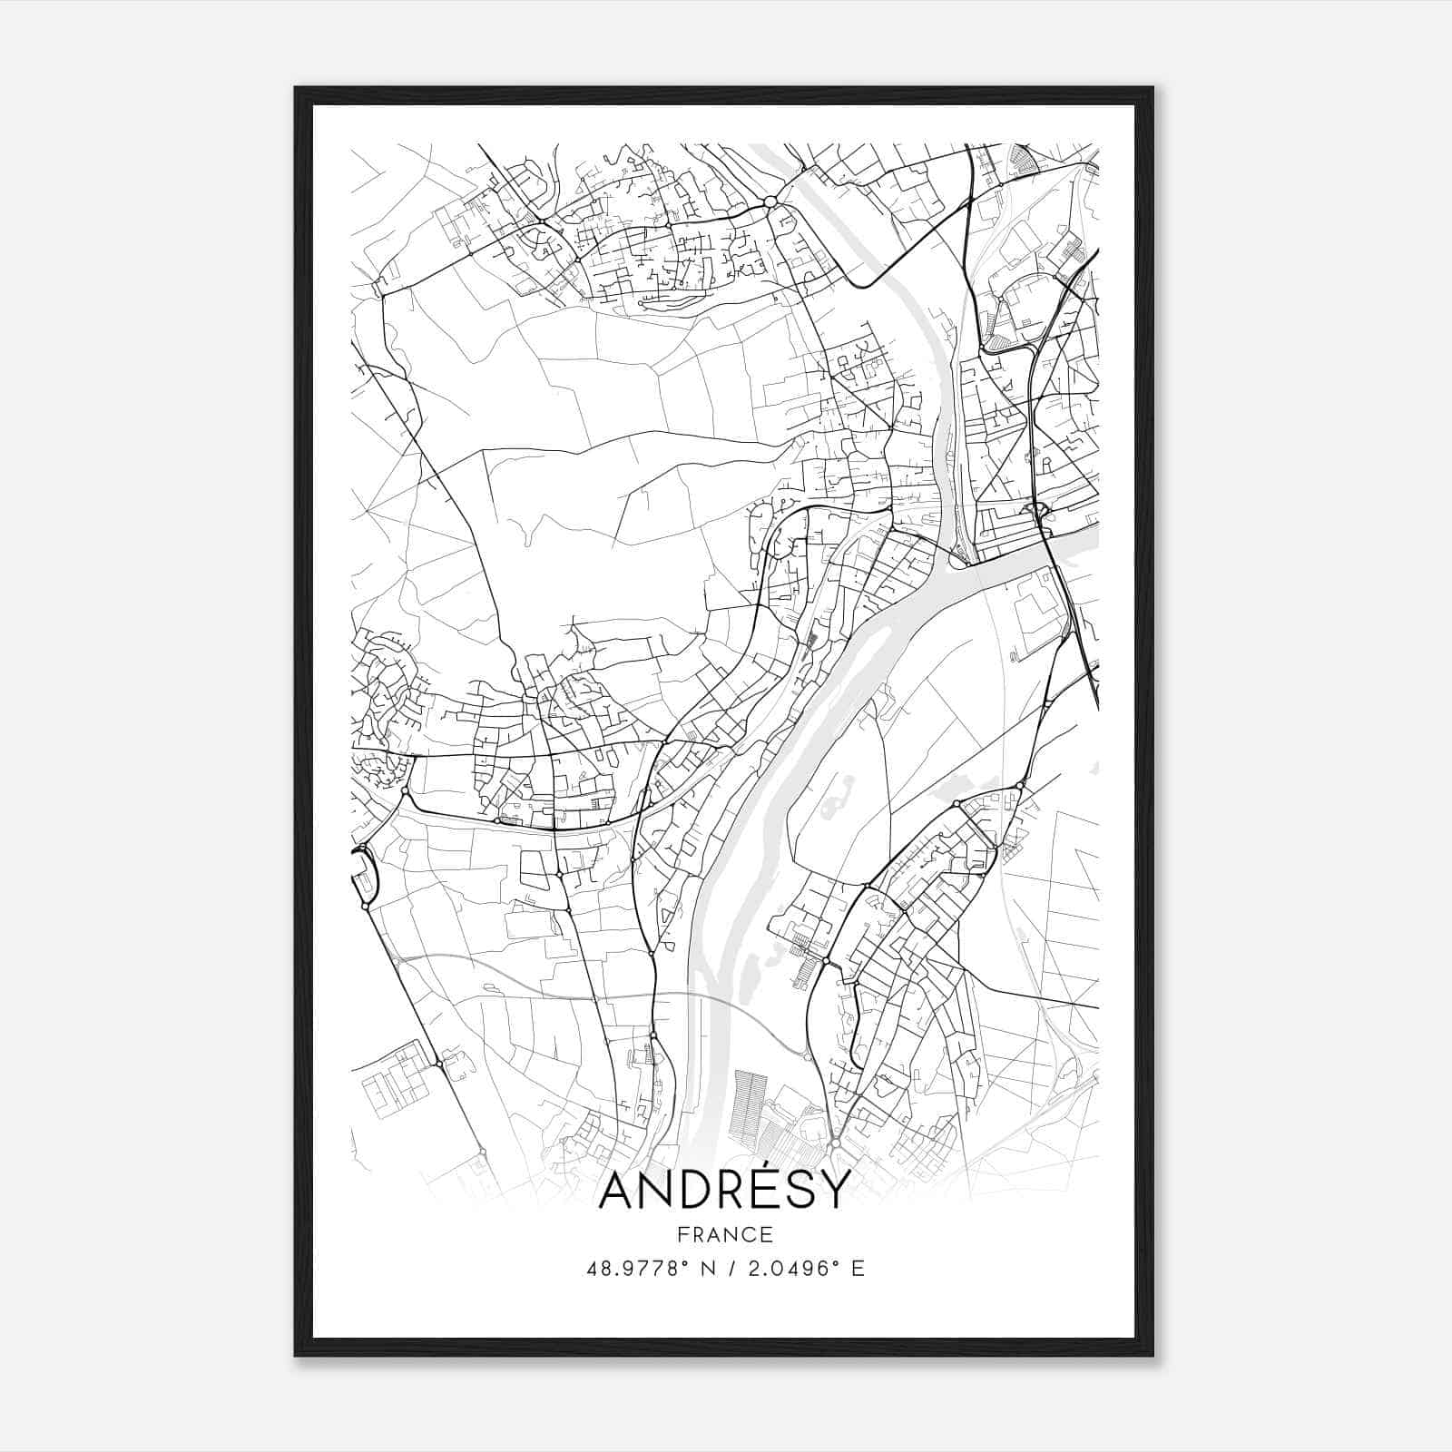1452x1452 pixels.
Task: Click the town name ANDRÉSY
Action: [x=725, y=1190]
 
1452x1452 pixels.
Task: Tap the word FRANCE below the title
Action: [x=725, y=1234]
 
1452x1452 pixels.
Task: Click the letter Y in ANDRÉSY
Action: [x=835, y=1190]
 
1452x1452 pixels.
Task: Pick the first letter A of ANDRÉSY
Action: [x=618, y=1190]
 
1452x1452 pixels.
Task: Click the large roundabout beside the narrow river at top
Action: [x=770, y=201]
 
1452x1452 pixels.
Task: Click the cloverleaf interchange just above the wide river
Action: [x=1037, y=511]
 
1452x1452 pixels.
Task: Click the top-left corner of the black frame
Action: [x=296, y=88]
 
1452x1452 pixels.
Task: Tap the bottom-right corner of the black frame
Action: [x=1153, y=1356]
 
